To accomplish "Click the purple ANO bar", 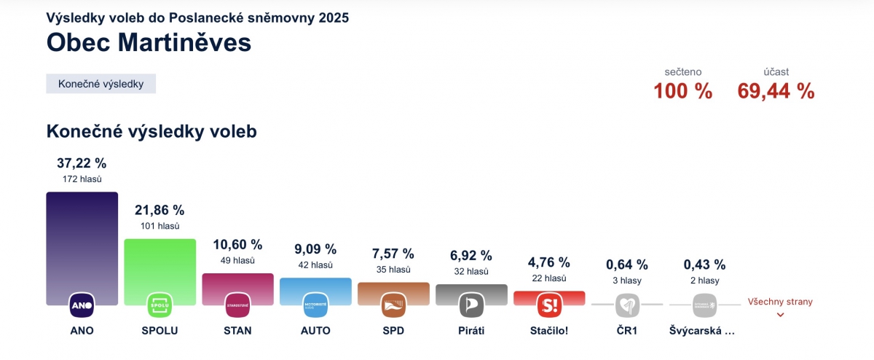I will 82,240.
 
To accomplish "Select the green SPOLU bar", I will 160,262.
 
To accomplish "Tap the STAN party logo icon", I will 237,305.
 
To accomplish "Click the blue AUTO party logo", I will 315,305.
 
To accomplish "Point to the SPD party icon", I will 393,305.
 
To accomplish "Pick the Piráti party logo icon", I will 471,305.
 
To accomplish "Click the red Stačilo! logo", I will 549,305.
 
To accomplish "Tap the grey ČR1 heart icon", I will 627,305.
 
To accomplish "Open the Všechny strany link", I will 780,302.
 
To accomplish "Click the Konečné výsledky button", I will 101,84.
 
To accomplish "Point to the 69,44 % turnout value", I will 776,91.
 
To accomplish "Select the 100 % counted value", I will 682,91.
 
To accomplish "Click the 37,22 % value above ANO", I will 82,163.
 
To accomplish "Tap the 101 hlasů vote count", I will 160,226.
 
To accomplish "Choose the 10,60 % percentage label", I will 237,245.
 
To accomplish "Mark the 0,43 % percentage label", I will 704,265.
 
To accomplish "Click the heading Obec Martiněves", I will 149,42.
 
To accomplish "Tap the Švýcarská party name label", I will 702,330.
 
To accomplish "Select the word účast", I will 776,72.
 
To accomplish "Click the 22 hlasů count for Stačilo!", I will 549,278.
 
